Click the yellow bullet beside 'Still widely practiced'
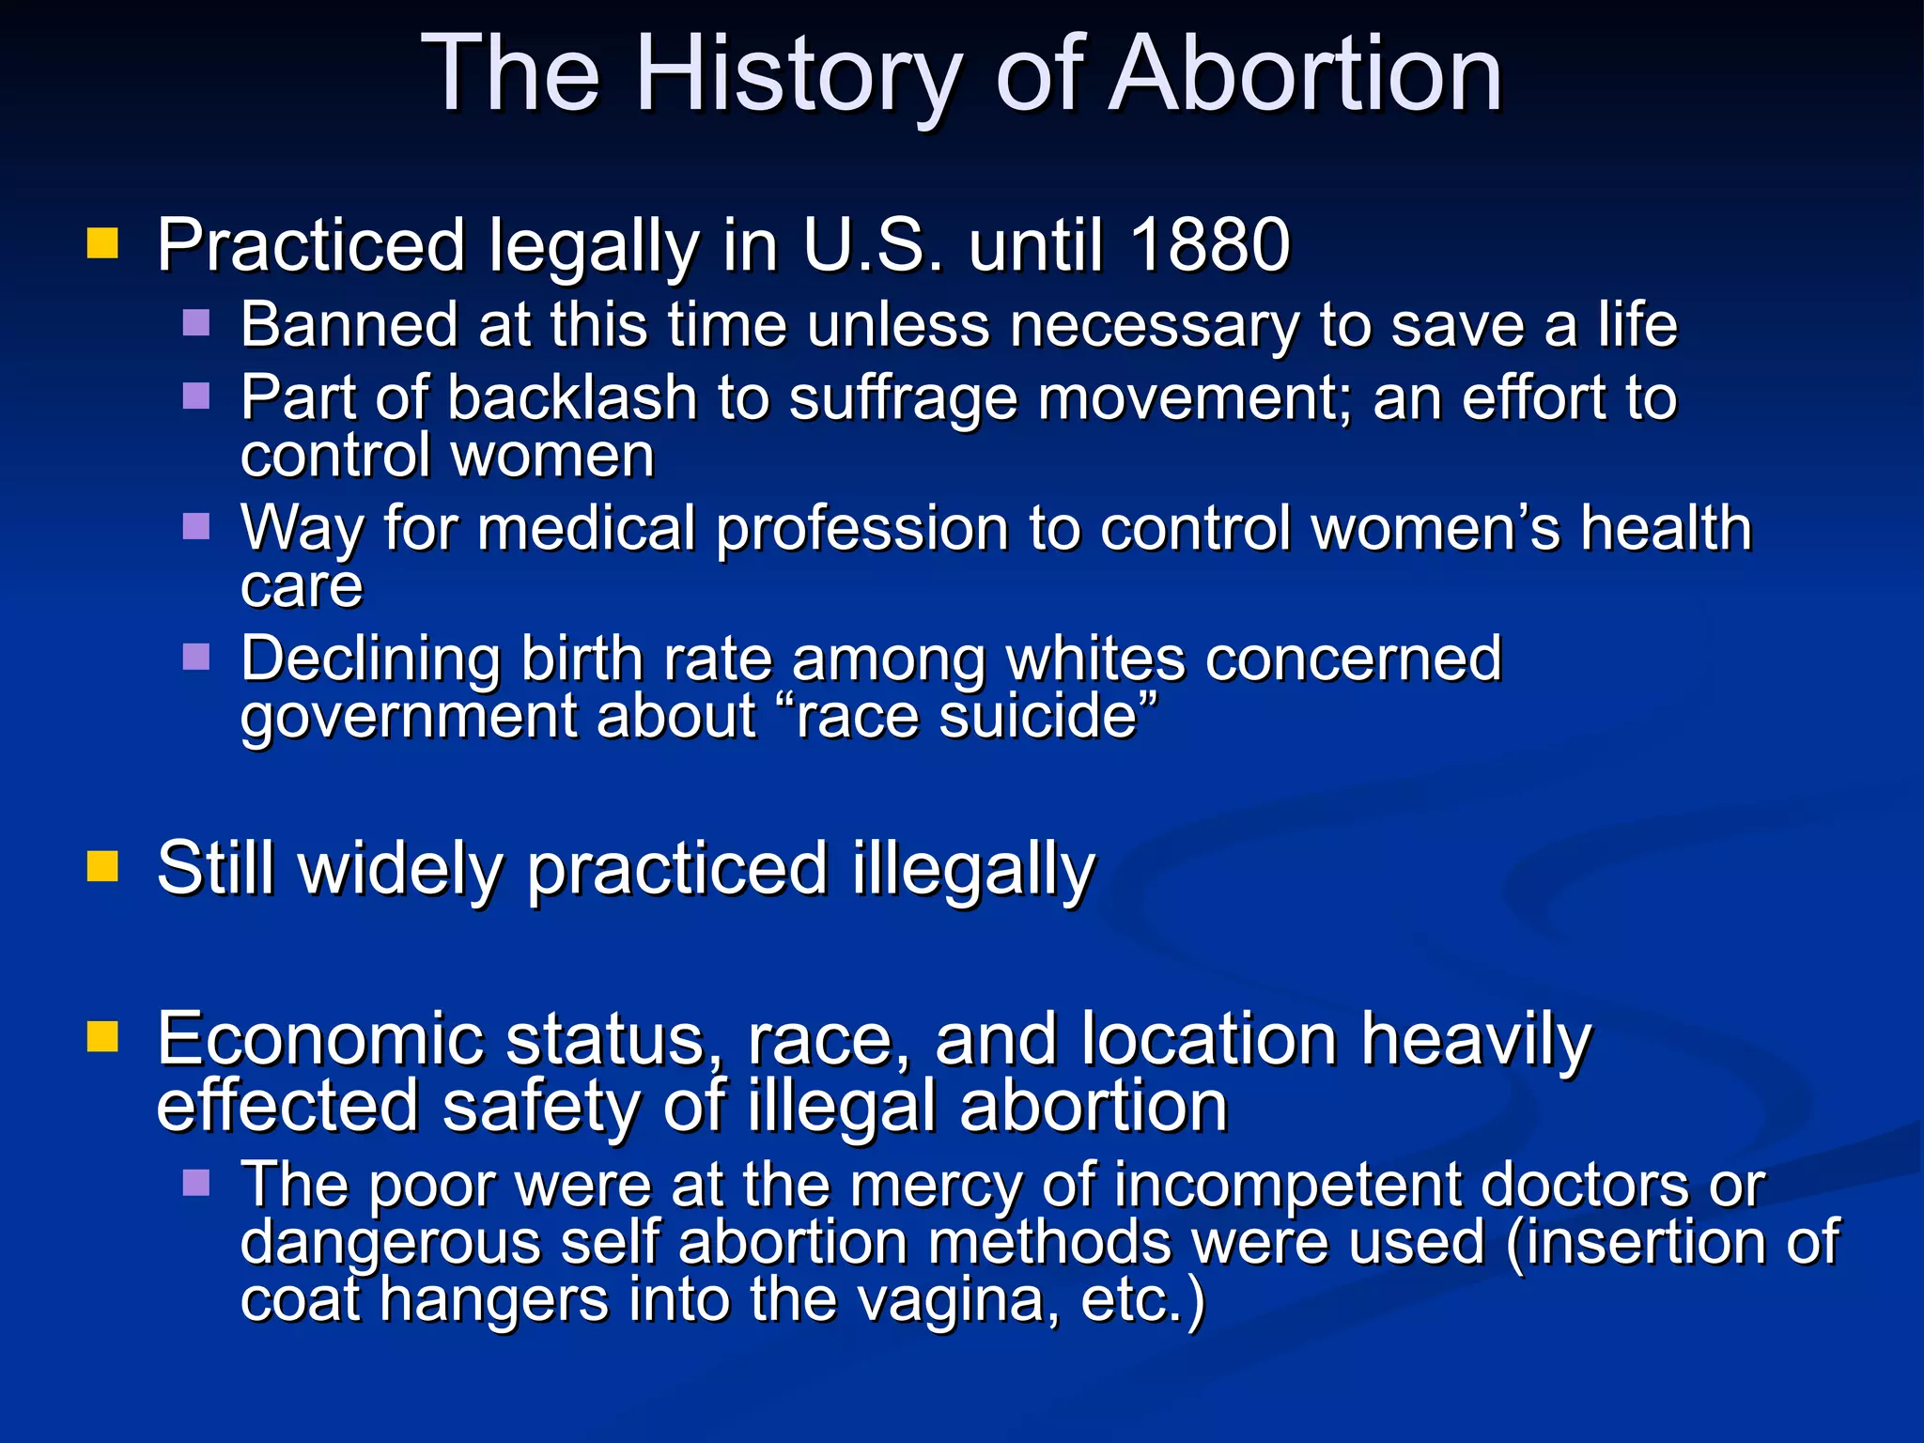tap(102, 866)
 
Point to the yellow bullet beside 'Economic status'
tap(102, 1037)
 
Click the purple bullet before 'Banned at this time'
tap(196, 322)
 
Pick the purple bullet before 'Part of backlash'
tap(196, 396)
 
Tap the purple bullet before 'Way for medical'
tap(196, 526)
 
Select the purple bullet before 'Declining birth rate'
tap(196, 656)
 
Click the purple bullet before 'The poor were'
tap(196, 1182)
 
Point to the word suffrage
tap(903, 398)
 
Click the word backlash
tap(572, 398)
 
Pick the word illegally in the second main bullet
tap(973, 870)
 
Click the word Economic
tap(318, 1039)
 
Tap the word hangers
tap(494, 1301)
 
